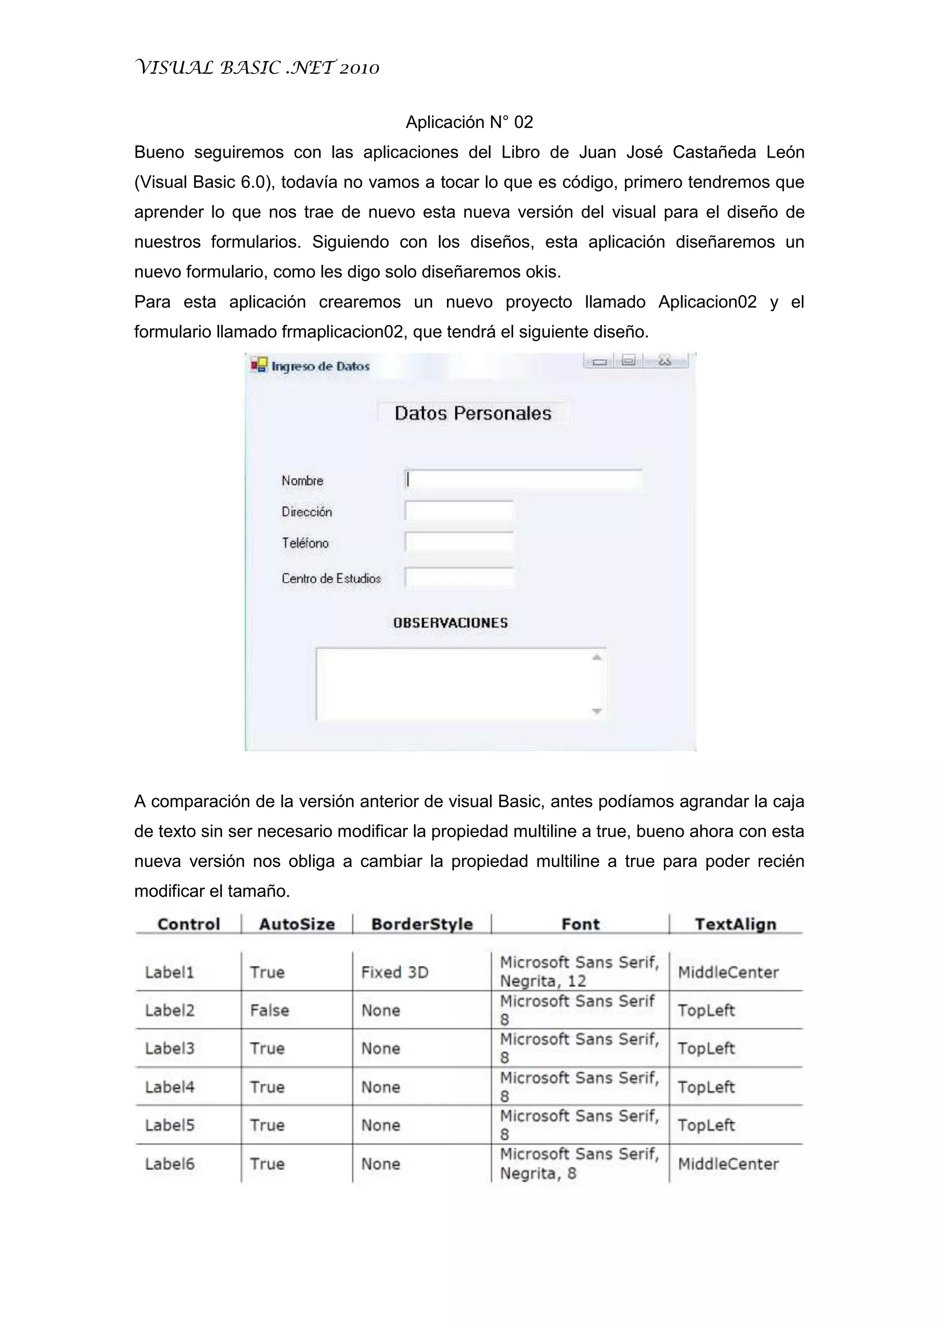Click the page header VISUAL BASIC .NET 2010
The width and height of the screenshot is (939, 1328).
[x=257, y=68]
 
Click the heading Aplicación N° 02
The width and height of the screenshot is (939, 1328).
[x=469, y=122]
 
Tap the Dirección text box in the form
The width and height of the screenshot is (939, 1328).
[x=459, y=511]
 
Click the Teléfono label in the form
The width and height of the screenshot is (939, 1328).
[x=305, y=543]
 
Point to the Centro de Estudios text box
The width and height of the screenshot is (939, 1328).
[x=459, y=578]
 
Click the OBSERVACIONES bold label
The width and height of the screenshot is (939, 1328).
[x=450, y=623]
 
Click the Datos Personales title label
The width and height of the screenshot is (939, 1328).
[x=473, y=413]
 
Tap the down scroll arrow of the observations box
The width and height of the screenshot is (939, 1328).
[x=597, y=711]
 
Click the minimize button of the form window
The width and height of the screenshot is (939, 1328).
[x=599, y=362]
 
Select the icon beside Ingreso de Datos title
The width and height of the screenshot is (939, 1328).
[x=259, y=365]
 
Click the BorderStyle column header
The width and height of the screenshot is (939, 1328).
[x=422, y=924]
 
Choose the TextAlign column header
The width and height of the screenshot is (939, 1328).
[x=735, y=924]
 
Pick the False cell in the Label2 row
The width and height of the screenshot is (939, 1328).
[x=270, y=1010]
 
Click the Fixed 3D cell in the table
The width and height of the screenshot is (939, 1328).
[x=395, y=972]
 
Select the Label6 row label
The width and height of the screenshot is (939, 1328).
[x=170, y=1164]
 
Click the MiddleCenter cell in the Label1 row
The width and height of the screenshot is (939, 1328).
[x=728, y=972]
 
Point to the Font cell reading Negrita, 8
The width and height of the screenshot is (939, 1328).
[x=579, y=1164]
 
